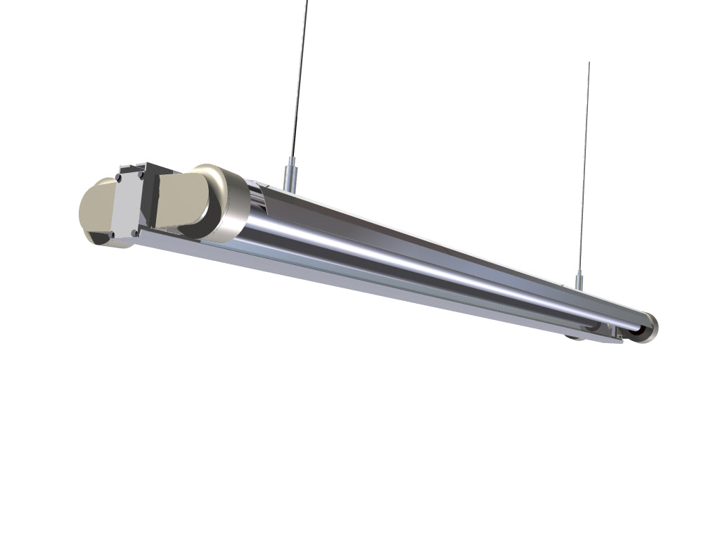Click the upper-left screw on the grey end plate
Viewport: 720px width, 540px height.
coord(120,176)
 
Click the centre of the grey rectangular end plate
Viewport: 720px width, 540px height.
coord(126,204)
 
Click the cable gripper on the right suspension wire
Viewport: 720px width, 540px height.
coord(579,281)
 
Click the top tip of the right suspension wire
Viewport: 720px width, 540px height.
coord(589,63)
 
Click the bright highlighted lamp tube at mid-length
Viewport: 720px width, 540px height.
coord(422,264)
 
